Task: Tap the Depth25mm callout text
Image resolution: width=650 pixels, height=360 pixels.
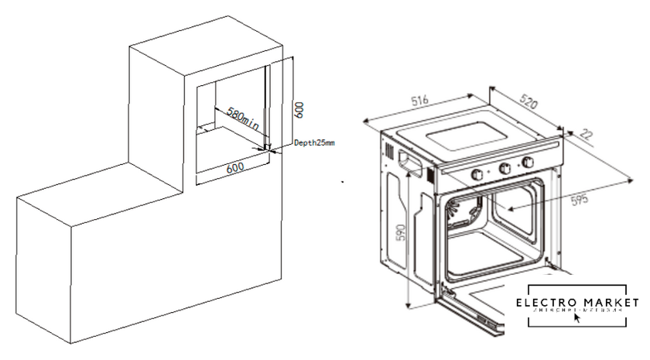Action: pos(314,143)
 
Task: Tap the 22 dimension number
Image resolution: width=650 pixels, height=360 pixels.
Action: pos(586,135)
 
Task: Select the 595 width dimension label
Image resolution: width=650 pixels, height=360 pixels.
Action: pos(578,197)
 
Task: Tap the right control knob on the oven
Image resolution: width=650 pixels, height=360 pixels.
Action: pos(529,163)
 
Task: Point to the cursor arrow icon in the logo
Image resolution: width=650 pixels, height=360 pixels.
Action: pos(576,318)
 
